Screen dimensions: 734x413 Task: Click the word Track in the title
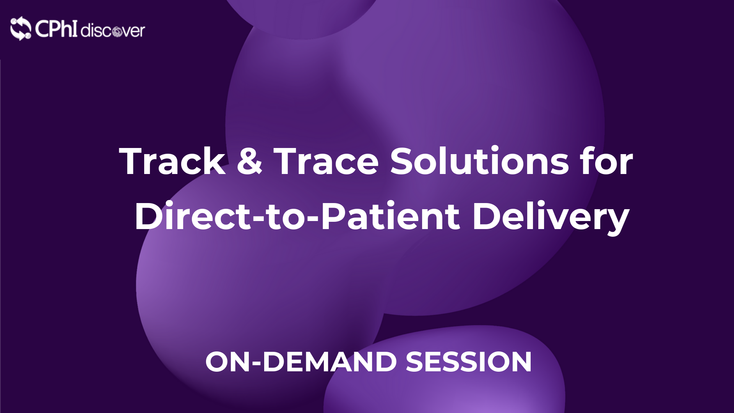pyautogui.click(x=172, y=161)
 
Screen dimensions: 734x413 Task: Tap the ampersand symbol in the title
pyautogui.click(x=250, y=161)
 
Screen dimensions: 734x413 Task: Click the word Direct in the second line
pyautogui.click(x=192, y=216)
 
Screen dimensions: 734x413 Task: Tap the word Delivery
pyautogui.click(x=551, y=218)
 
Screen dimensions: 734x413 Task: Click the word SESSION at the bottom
pyautogui.click(x=468, y=362)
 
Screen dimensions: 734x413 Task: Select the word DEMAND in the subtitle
pyautogui.click(x=330, y=362)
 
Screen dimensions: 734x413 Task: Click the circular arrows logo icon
pyautogui.click(x=21, y=28)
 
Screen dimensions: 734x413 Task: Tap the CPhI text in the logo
pyautogui.click(x=56, y=28)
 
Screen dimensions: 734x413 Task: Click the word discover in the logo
pyautogui.click(x=113, y=30)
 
